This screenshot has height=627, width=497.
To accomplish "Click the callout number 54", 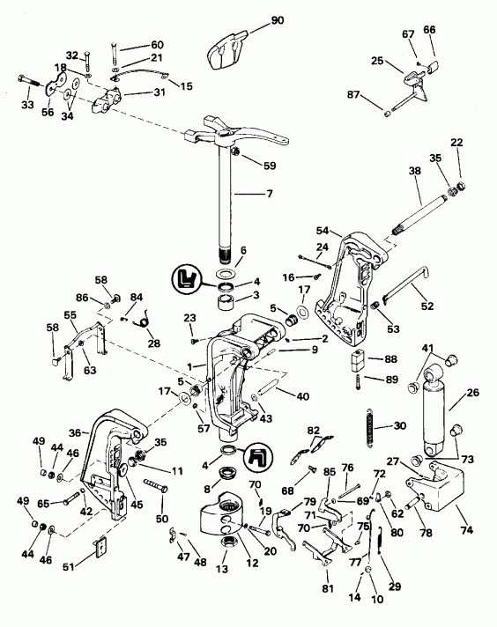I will [322, 230].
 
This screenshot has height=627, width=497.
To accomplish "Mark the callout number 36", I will [76, 432].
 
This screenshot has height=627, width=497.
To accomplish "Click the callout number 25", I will [377, 61].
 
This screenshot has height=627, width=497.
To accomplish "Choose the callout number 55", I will [70, 313].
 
